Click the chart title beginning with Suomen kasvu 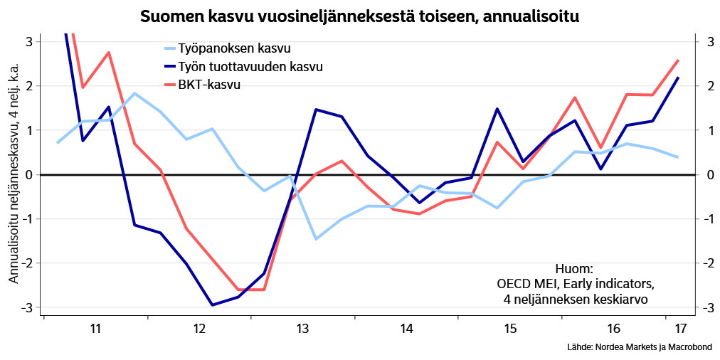pos(359,16)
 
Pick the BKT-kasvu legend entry pos(209,85)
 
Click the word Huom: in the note pos(575,268)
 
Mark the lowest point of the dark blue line pos(212,305)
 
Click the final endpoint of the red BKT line pos(678,60)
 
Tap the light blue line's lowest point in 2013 pos(316,239)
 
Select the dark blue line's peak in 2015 pos(497,109)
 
